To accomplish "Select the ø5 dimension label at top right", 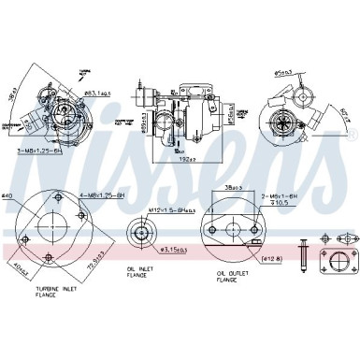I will click(x=285, y=71).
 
